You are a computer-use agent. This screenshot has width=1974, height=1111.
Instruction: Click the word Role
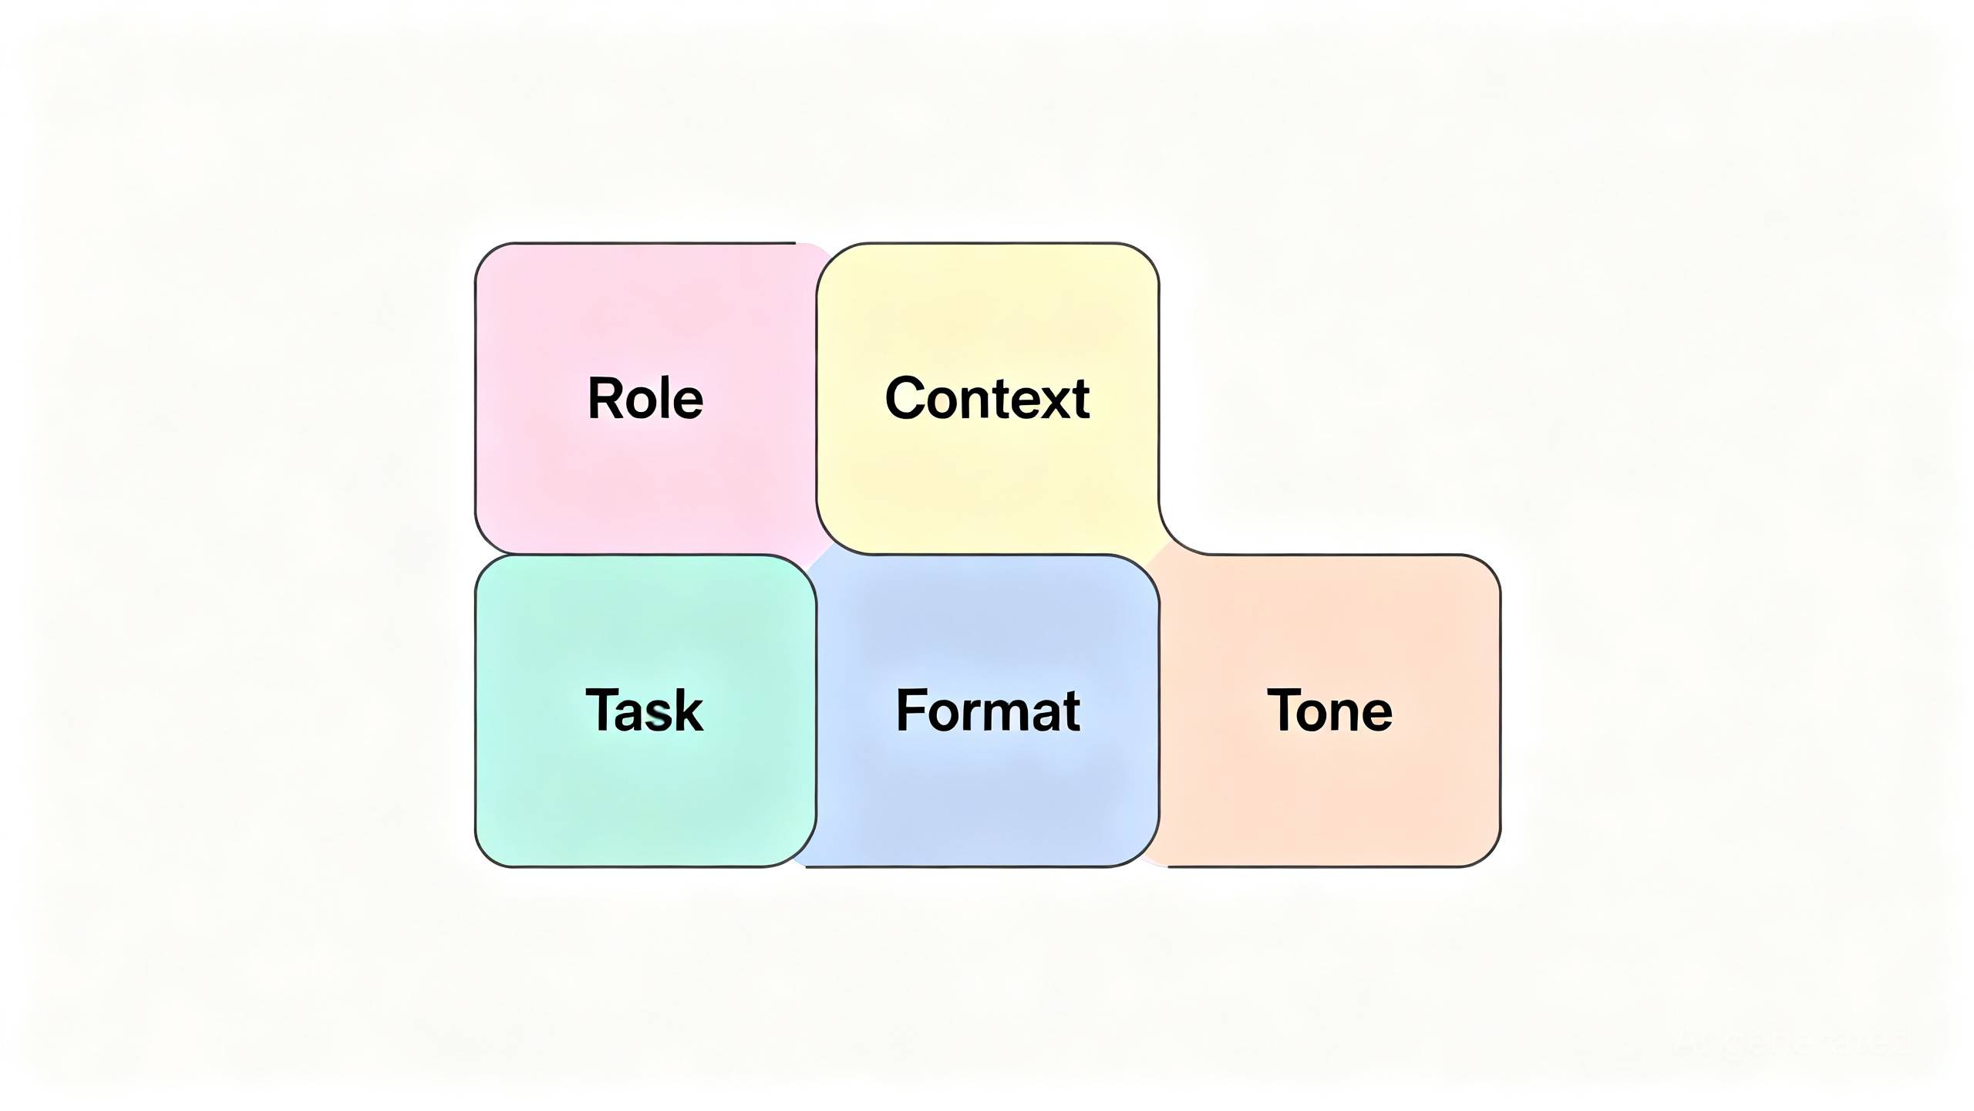645,398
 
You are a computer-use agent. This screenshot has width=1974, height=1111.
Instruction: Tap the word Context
987,398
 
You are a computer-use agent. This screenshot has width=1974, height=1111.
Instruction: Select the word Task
645,710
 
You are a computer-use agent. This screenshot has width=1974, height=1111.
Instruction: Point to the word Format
988,710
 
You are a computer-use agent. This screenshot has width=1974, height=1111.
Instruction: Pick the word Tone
1329,710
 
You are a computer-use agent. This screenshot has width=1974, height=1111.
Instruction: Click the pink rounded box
646,398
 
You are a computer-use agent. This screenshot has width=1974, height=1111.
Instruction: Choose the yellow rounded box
988,398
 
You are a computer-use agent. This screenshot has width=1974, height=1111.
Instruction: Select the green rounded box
645,711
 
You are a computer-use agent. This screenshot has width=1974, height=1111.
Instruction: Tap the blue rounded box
988,711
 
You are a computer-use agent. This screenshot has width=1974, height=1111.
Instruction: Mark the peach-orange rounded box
1330,711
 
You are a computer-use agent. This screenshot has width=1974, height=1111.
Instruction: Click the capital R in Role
605,398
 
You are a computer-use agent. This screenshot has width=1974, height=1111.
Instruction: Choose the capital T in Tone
1285,710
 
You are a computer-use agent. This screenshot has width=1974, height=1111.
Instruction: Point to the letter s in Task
659,716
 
